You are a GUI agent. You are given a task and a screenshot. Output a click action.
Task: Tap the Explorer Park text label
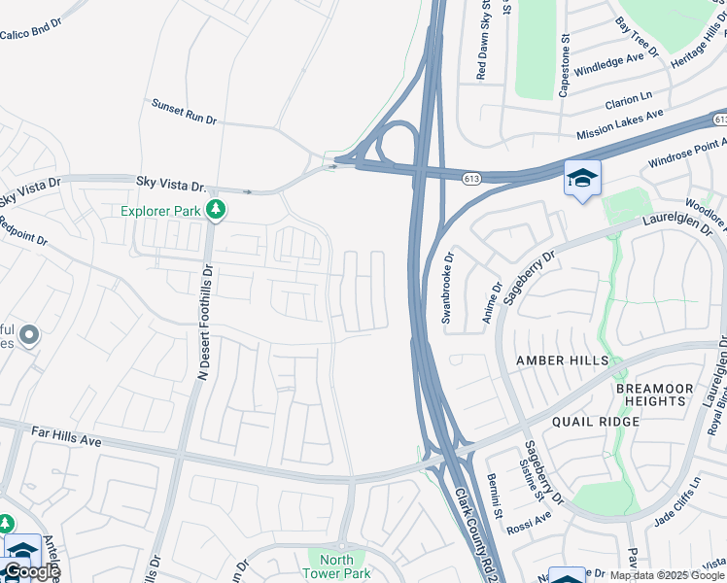(160, 210)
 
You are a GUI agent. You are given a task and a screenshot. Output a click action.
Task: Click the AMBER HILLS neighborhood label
(562, 360)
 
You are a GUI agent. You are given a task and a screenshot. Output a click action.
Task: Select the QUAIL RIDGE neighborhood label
(595, 422)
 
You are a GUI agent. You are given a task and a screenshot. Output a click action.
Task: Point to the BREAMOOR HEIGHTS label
(655, 394)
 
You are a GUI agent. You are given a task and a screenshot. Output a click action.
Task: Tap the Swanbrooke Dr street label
(448, 288)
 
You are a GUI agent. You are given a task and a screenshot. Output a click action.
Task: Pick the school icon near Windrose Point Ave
(582, 178)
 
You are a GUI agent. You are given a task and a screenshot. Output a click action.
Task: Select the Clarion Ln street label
(628, 100)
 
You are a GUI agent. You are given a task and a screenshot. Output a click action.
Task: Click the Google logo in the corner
(31, 571)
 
